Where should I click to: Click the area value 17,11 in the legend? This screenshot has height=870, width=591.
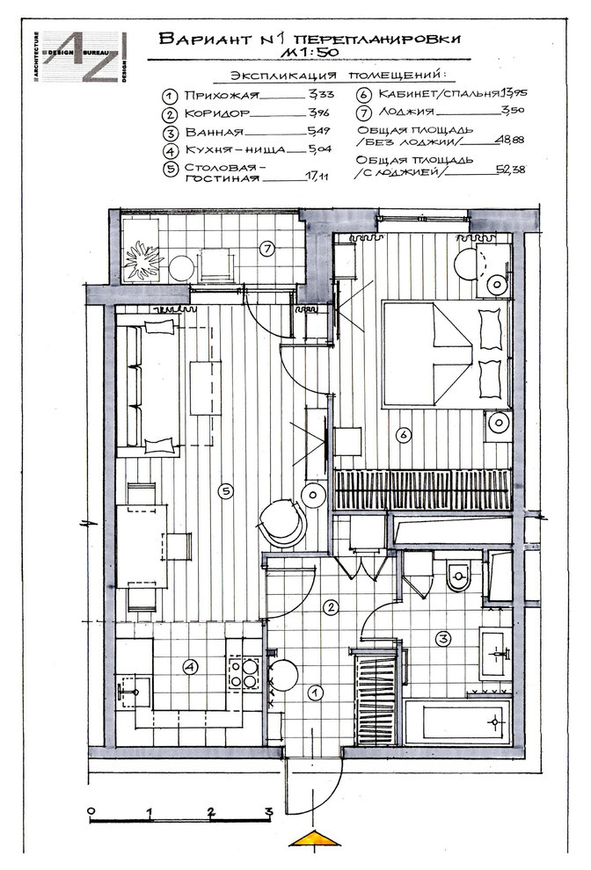(x=317, y=177)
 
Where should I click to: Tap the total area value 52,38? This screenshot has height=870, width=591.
(x=511, y=170)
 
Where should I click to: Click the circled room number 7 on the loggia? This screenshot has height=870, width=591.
(x=267, y=249)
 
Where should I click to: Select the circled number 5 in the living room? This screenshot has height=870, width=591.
(x=225, y=490)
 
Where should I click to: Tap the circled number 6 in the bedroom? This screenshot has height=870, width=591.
(x=404, y=434)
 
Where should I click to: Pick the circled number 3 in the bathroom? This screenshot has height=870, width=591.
(x=442, y=639)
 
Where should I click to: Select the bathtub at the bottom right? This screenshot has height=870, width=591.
(x=457, y=721)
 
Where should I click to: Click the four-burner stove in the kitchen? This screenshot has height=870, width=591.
(x=244, y=672)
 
